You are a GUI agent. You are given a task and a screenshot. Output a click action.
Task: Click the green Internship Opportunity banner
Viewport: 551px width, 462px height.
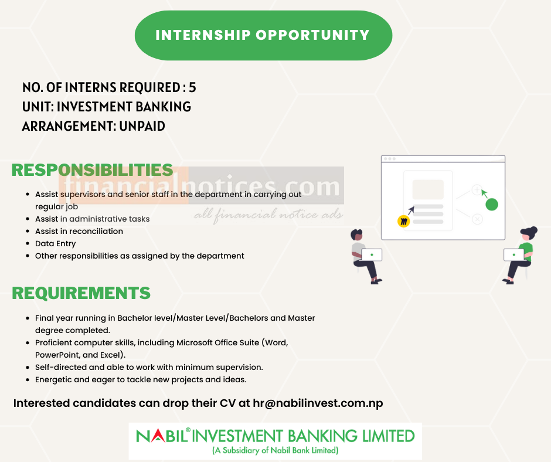[x=263, y=35]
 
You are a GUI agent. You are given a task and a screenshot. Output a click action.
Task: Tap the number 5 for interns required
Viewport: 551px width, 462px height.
[x=192, y=88]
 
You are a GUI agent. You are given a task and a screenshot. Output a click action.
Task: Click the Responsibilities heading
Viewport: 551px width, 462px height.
[x=92, y=170]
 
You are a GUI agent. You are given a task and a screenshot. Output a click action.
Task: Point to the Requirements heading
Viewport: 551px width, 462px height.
[x=81, y=293]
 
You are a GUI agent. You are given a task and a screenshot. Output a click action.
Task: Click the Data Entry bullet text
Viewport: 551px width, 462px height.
[x=56, y=243]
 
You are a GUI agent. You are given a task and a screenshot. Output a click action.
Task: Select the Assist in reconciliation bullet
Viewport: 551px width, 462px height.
[x=79, y=231]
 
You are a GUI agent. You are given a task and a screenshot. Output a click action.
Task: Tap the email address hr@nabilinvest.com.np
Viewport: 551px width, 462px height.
[x=318, y=403]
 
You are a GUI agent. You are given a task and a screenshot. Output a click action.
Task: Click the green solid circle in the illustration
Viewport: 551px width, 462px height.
[x=492, y=205]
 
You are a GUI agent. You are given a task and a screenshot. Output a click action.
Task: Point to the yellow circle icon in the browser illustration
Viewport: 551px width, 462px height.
[x=403, y=221]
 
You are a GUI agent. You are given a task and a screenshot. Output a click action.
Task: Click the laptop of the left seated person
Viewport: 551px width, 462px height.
[x=372, y=254]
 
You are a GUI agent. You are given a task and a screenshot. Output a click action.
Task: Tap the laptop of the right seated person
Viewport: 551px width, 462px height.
[x=514, y=254]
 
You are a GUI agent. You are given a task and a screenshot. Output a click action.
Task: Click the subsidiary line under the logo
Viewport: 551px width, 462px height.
[x=275, y=451]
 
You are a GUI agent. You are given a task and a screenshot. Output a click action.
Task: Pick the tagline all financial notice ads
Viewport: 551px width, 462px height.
[x=268, y=215]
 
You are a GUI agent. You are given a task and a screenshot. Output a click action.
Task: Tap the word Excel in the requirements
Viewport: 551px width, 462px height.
[x=111, y=355]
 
